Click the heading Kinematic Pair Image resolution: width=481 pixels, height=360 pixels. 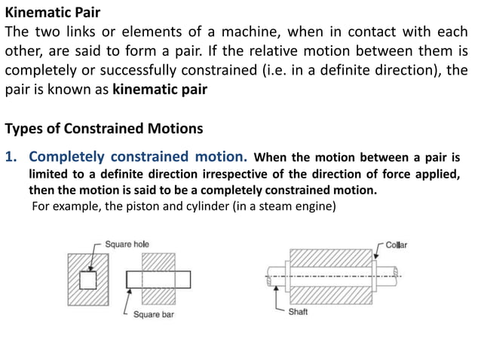click(53, 13)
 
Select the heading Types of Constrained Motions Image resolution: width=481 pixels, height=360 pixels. click(104, 129)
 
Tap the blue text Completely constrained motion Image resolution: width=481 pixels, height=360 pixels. click(138, 157)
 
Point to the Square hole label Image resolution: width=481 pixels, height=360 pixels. click(127, 245)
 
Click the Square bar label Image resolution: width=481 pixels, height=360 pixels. click(154, 314)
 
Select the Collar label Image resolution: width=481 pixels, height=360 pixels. click(396, 246)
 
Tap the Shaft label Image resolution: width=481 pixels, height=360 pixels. click(298, 311)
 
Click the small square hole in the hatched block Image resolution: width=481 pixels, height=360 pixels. click(88, 280)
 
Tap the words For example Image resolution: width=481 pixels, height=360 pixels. click(63, 206)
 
